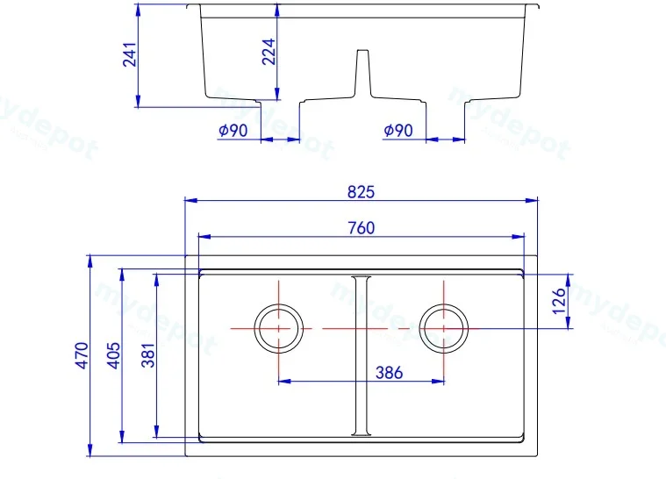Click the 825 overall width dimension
[x=361, y=192]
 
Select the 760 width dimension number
[x=362, y=228]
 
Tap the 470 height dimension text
[x=82, y=355]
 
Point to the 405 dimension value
[x=113, y=355]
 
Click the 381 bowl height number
[x=148, y=355]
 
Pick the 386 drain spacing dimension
[x=389, y=373]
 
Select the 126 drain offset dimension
[x=559, y=301]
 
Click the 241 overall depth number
[x=130, y=54]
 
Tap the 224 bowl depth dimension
[x=269, y=52]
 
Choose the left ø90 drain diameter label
[x=233, y=131]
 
